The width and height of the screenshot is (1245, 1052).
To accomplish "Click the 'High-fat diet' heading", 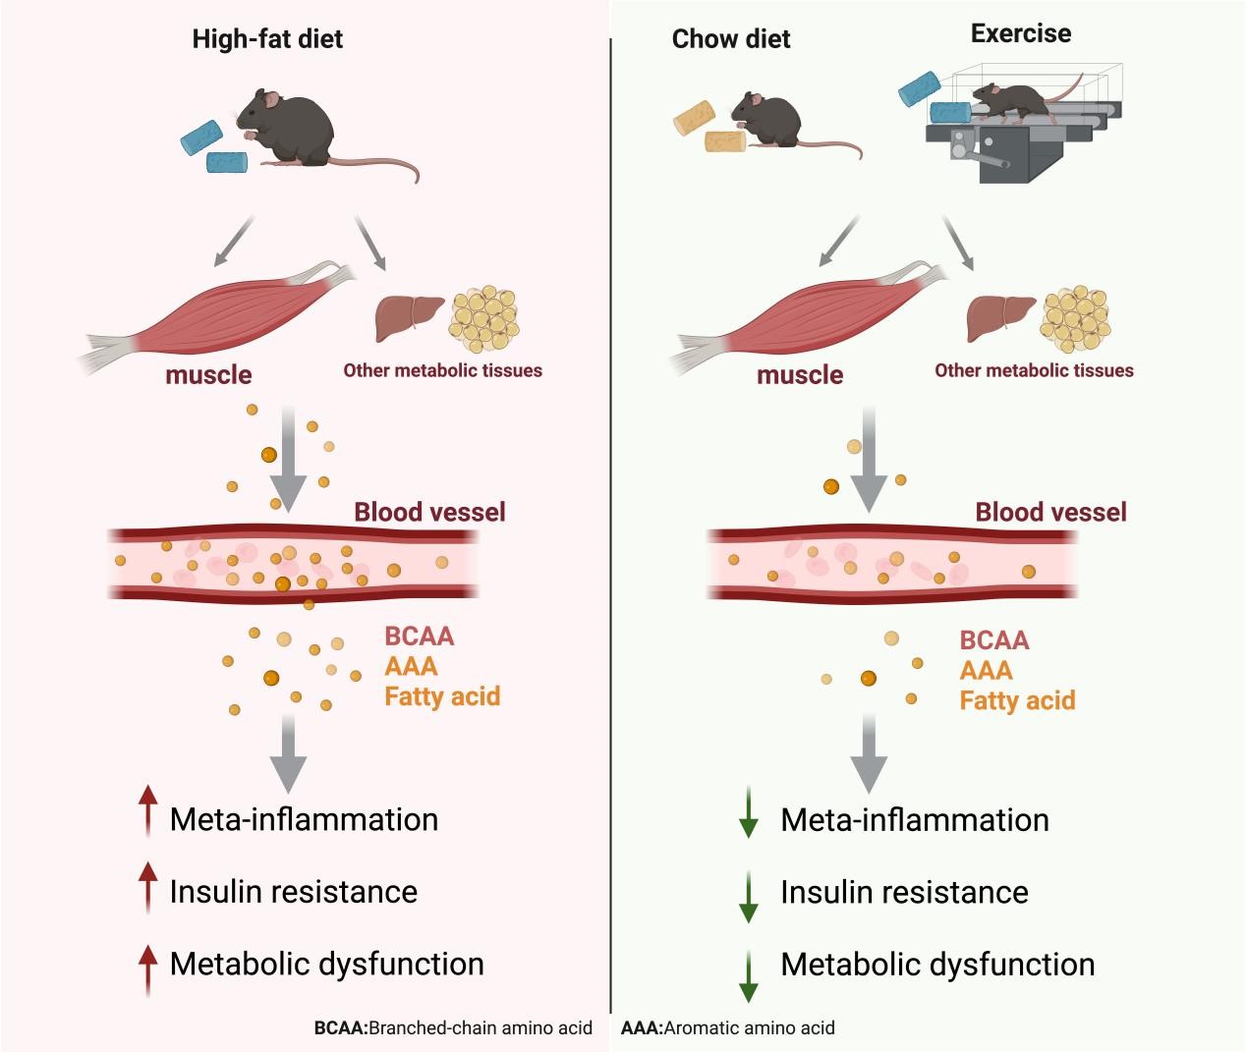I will pos(267,40).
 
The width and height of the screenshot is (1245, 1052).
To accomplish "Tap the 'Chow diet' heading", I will pos(731,40).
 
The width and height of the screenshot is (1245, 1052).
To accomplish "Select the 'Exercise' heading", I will pos(1020,34).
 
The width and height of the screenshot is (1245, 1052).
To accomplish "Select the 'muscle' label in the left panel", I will pos(208,375).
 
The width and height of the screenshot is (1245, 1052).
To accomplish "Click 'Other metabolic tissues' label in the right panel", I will pos(1034,371).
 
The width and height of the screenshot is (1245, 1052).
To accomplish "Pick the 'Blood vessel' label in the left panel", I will pos(429,512).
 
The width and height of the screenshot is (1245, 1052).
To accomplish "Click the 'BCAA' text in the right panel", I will pos(994,640).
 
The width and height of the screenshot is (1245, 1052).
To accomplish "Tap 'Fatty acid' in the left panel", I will pos(442,696).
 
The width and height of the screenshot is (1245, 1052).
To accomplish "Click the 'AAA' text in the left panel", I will pos(411,667).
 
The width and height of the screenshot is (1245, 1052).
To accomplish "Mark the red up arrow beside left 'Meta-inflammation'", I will pos(147,810).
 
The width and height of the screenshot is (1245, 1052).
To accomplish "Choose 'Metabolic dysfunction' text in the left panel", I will pos(326,964).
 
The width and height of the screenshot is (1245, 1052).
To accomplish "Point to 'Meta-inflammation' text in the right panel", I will pos(914,820).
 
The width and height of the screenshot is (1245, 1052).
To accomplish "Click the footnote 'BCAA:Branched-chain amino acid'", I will pos(453,1028).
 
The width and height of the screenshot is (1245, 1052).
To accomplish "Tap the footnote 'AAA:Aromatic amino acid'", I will pos(728,1028).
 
